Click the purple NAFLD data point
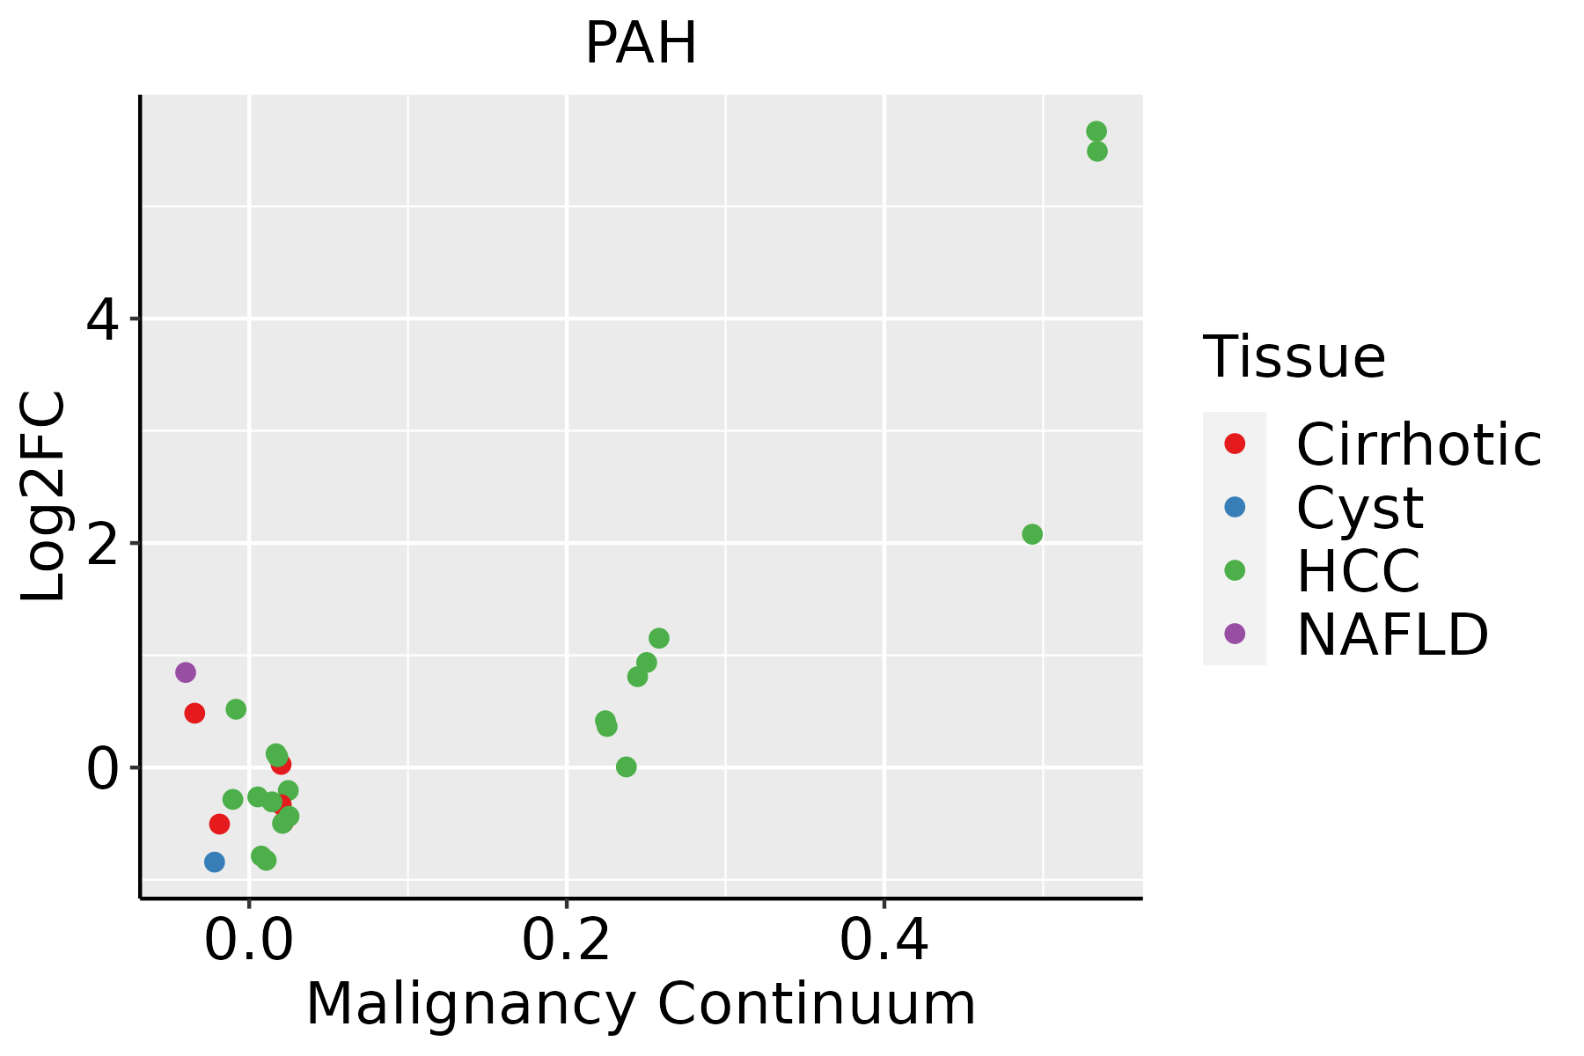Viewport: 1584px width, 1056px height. point(185,672)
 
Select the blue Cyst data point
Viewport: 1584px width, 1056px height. point(214,862)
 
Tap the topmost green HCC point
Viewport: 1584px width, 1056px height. point(1096,131)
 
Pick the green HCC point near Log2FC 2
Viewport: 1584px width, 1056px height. point(1032,534)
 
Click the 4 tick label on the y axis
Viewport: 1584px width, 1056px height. point(102,319)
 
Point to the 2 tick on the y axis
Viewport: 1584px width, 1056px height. point(102,544)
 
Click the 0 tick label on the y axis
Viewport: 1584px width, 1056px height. point(102,768)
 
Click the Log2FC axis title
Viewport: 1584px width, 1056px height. point(44,496)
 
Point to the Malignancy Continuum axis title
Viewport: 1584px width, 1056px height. point(641,1004)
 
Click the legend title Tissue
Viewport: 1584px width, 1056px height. point(1294,357)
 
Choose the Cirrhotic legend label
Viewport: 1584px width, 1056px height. point(1419,444)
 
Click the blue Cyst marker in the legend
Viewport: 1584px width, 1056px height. point(1235,507)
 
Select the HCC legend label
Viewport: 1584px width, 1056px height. point(1358,570)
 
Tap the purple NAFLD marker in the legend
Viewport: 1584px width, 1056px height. point(1235,633)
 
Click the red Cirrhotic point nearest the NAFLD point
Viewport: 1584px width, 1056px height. point(194,713)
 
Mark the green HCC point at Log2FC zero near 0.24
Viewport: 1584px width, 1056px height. point(626,766)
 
